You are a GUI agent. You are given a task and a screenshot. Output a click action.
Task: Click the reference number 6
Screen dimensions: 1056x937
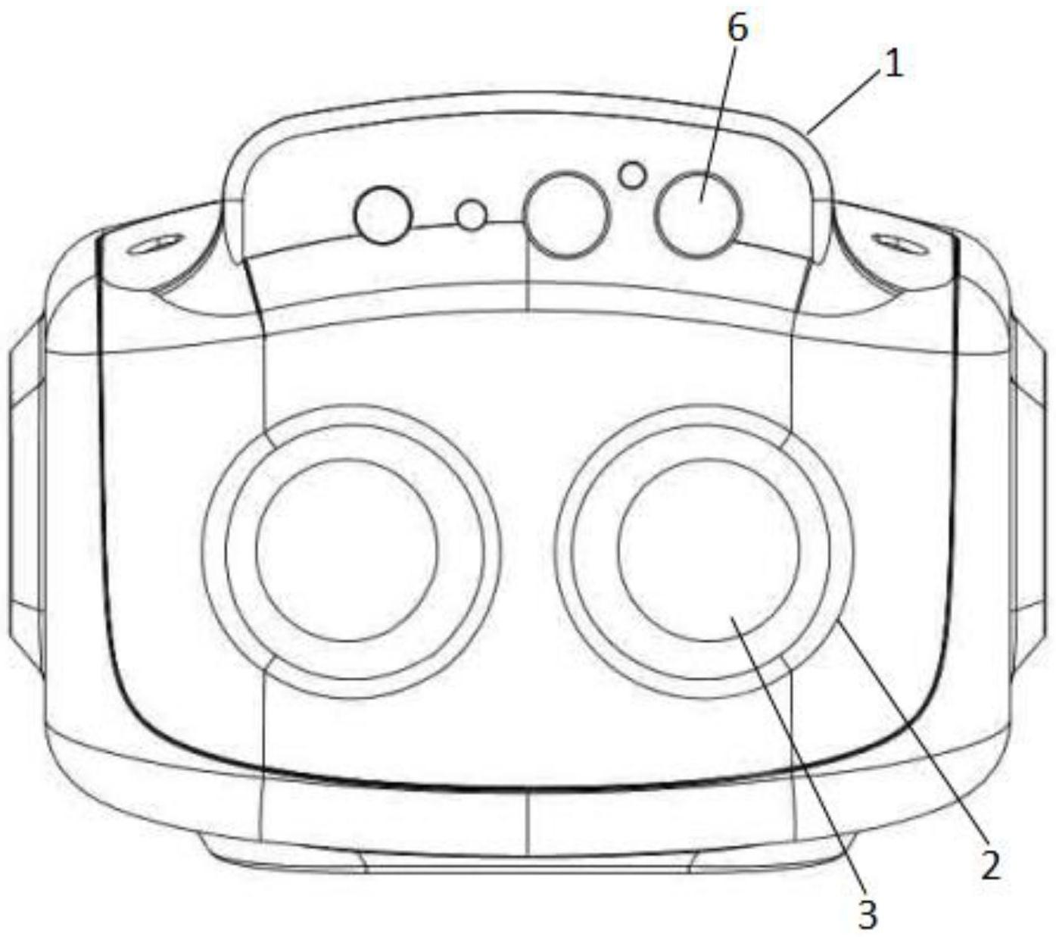pyautogui.click(x=736, y=29)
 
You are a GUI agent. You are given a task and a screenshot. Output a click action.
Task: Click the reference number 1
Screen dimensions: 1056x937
pyautogui.click(x=893, y=65)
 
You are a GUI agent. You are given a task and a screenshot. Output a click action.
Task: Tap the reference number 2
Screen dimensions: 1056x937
pyautogui.click(x=989, y=865)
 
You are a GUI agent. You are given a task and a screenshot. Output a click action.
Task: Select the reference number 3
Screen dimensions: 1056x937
pyautogui.click(x=868, y=914)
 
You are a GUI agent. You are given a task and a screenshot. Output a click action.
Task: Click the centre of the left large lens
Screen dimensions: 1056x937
pyautogui.click(x=347, y=550)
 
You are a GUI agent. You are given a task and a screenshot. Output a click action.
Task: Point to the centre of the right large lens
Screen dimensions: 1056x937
pyautogui.click(x=709, y=550)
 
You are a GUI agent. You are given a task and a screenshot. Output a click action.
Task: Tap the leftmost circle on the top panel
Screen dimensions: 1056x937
pyautogui.click(x=383, y=215)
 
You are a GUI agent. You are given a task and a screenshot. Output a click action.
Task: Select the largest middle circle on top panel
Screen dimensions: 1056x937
pyautogui.click(x=567, y=214)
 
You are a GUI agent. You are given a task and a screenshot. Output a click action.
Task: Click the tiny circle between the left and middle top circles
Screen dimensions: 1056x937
pyautogui.click(x=471, y=216)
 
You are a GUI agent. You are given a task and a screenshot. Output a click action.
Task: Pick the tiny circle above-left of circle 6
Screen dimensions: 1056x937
pyautogui.click(x=631, y=175)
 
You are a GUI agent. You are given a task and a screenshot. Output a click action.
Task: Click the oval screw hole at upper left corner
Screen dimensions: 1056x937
pyautogui.click(x=154, y=245)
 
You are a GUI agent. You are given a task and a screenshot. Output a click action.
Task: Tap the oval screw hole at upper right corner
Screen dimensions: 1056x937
pyautogui.click(x=898, y=244)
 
